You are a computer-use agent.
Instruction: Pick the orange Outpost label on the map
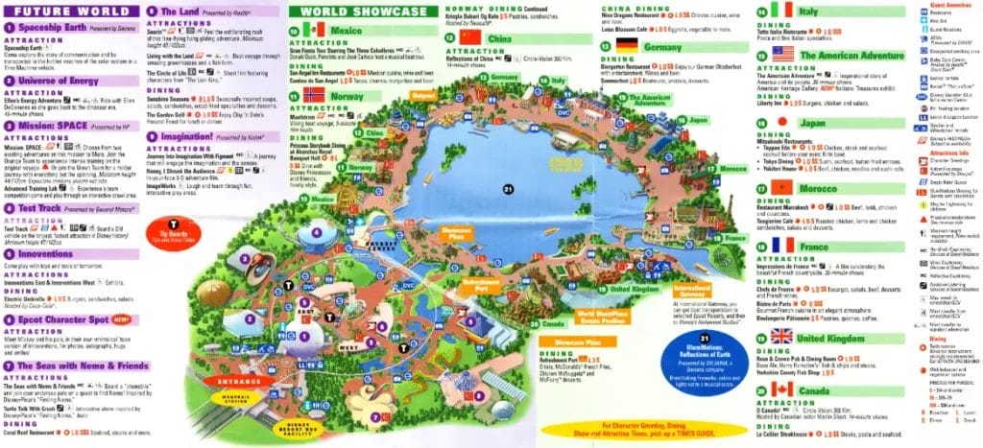click(x=423, y=96)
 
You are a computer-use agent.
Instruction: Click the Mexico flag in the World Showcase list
click(x=314, y=30)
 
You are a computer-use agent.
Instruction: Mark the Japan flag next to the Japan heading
click(x=781, y=122)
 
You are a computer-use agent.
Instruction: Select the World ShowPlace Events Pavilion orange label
click(x=601, y=318)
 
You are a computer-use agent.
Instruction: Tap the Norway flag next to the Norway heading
click(x=314, y=96)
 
